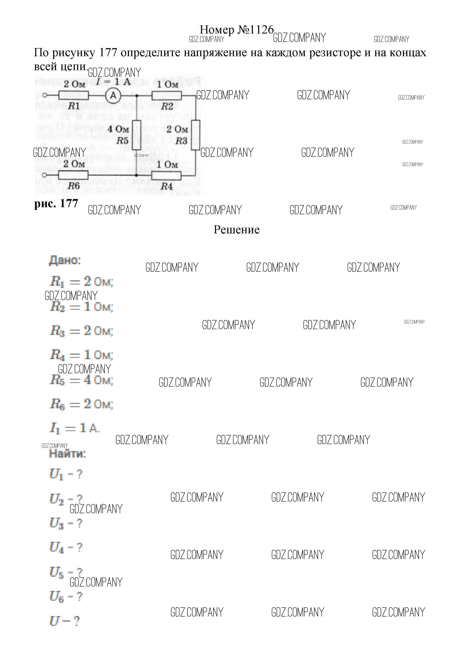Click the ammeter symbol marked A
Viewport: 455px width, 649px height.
(x=113, y=96)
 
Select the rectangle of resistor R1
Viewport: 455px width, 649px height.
(x=74, y=96)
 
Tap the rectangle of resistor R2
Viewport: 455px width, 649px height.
(x=166, y=96)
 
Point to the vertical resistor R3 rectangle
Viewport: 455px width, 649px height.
(x=195, y=135)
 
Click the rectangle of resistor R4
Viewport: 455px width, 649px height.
(x=166, y=176)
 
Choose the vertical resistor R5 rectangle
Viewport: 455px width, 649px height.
(x=137, y=135)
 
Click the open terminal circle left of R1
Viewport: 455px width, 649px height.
(x=44, y=95)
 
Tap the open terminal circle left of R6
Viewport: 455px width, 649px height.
(x=44, y=175)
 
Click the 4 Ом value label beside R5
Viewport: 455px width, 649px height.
(x=118, y=129)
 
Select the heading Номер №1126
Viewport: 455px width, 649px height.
(x=237, y=30)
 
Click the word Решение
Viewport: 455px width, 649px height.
(x=236, y=229)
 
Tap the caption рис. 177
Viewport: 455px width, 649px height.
(x=56, y=203)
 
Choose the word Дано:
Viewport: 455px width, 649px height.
(x=65, y=260)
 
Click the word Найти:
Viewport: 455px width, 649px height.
(x=67, y=454)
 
